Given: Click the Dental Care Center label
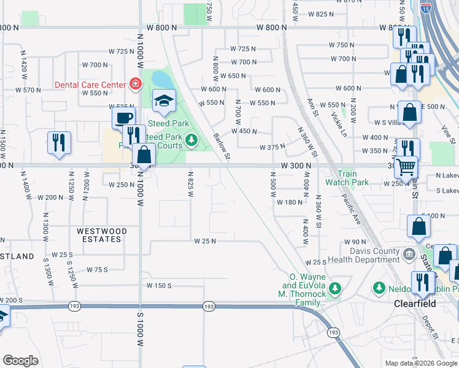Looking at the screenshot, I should click(91, 85).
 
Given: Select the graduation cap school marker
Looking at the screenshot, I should click(164, 101).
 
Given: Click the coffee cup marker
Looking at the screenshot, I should click(123, 118).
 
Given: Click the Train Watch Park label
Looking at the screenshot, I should click(347, 178).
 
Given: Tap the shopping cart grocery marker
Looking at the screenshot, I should click(405, 166).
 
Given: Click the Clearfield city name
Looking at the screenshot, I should click(415, 304).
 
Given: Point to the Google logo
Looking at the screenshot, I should click(20, 361).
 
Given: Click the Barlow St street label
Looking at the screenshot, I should click(222, 147).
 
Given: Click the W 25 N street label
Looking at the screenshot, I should click(205, 241).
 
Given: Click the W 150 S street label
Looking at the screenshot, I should click(159, 286).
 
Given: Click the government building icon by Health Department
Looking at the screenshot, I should click(409, 253).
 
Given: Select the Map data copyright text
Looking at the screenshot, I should click(420, 363).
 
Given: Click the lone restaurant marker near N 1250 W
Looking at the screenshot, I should click(59, 144).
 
